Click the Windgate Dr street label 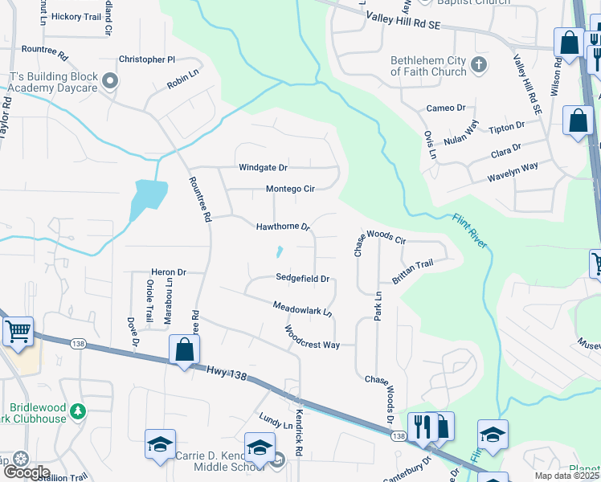(263, 168)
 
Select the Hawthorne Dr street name (283, 227)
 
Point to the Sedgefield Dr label (303, 278)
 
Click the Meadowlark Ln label (302, 308)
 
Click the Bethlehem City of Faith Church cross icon (480, 64)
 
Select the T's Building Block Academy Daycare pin (112, 80)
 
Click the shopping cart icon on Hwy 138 (18, 331)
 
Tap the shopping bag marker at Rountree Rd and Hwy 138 (185, 350)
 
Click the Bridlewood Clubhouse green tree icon (77, 411)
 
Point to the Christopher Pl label (146, 59)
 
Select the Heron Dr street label (169, 273)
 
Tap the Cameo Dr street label (446, 108)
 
